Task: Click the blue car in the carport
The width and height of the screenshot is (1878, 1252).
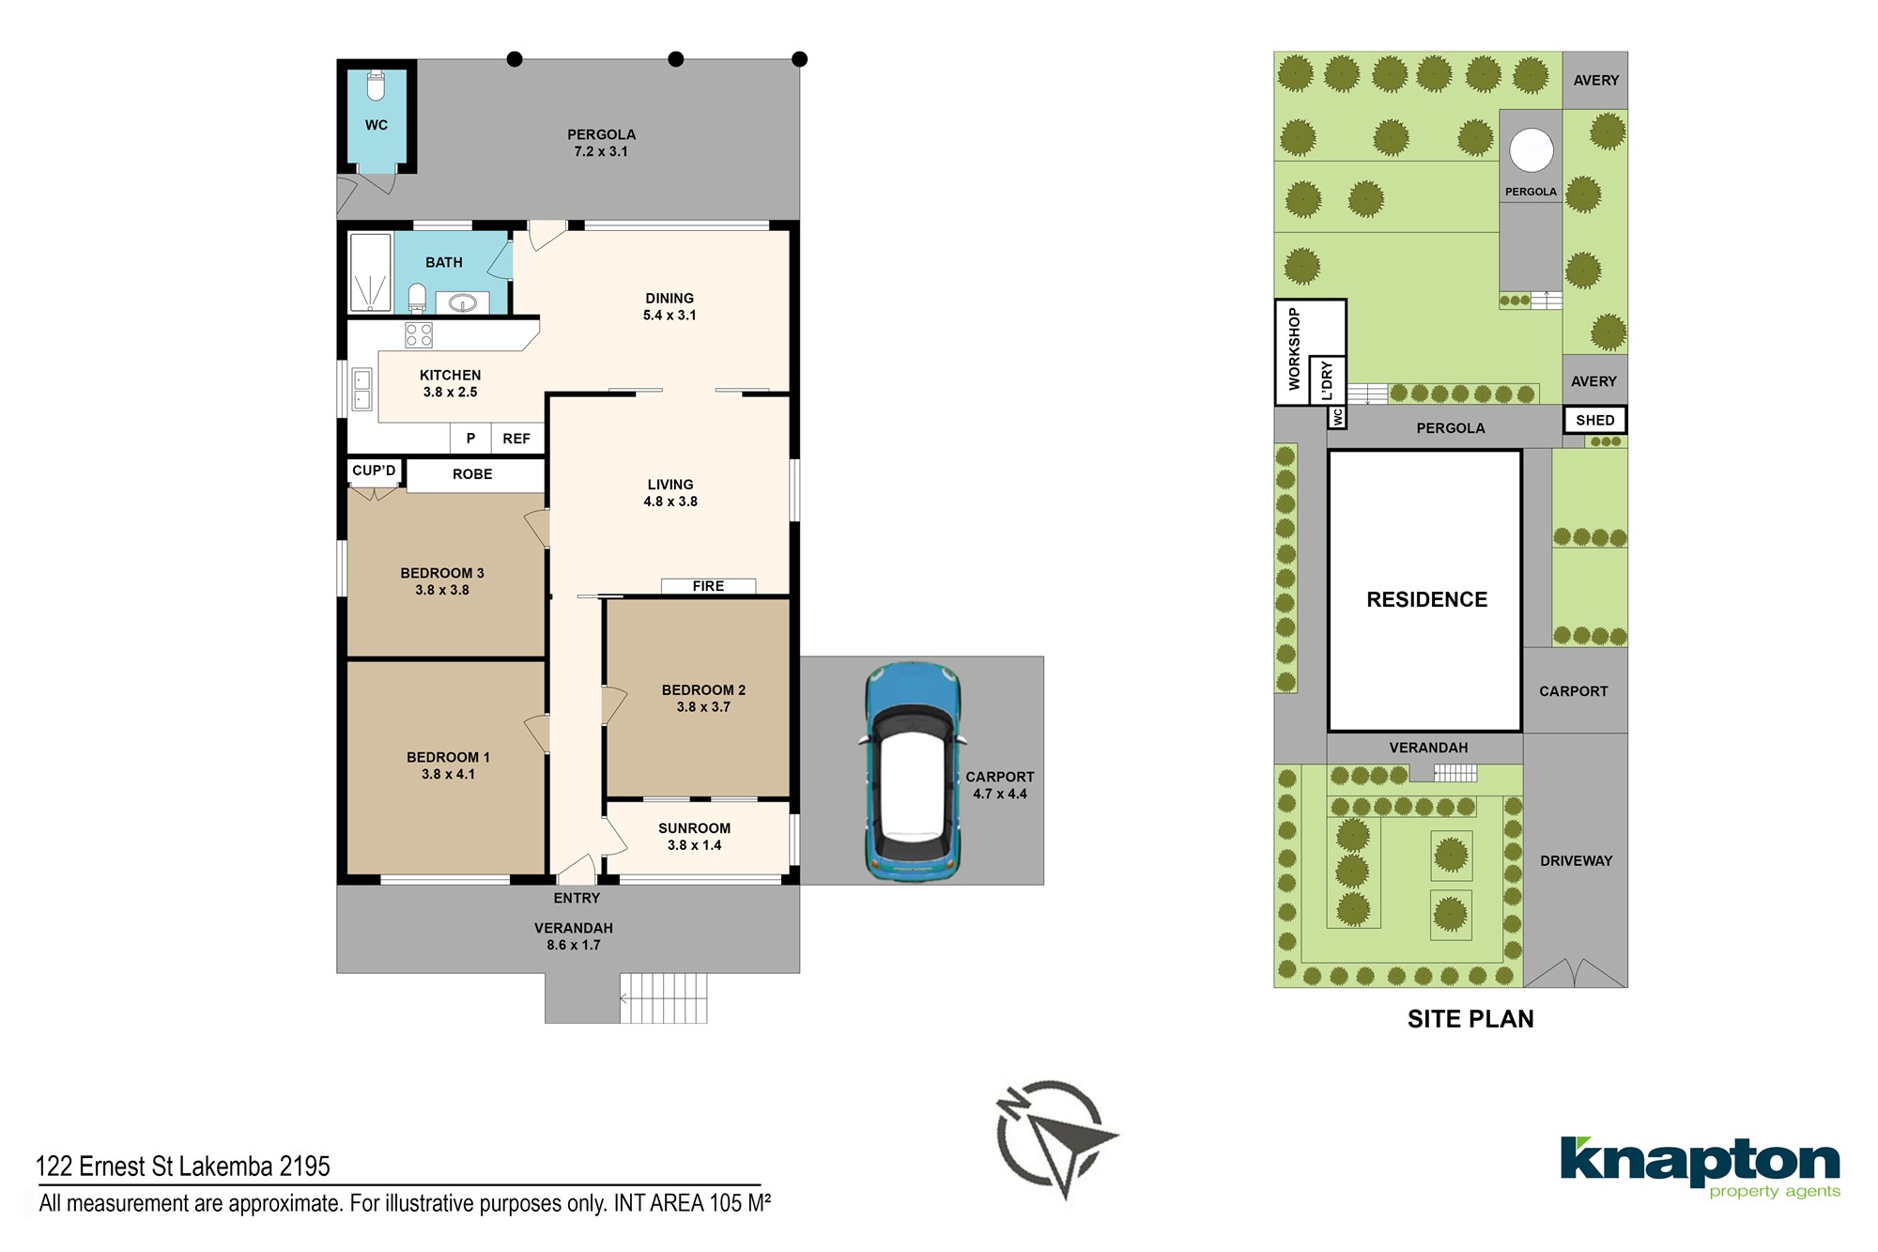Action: [x=912, y=772]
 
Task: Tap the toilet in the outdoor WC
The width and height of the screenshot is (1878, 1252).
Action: [x=376, y=85]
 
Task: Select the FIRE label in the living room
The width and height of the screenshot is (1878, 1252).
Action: [x=708, y=586]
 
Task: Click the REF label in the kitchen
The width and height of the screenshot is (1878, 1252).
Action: [x=516, y=439]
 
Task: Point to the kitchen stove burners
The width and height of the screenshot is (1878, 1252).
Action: [x=419, y=335]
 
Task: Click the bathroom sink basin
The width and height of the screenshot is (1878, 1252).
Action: [x=462, y=302]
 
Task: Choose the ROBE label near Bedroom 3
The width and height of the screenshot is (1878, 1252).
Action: [x=472, y=474]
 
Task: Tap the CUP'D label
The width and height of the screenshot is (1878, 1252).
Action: [x=374, y=471]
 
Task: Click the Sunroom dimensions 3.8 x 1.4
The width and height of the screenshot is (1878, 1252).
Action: [x=694, y=845]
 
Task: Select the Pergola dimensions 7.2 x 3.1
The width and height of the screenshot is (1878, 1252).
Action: [x=601, y=151]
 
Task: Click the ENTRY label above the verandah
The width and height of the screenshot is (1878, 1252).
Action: [x=577, y=899]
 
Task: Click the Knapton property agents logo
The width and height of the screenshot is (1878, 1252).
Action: [x=1701, y=1167]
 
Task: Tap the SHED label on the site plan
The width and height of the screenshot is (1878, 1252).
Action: [x=1595, y=420]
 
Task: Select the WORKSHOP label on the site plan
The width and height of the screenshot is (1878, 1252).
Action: [x=1294, y=348]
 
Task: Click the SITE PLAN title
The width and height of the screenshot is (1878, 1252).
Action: [x=1470, y=1019]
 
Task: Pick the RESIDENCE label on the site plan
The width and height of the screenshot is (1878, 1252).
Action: [x=1426, y=599]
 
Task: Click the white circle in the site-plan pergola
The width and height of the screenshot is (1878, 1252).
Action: [x=1531, y=150]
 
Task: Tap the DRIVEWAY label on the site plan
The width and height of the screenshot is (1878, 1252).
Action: [x=1576, y=860]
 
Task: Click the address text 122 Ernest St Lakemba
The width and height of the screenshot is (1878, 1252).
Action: [x=183, y=1167]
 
